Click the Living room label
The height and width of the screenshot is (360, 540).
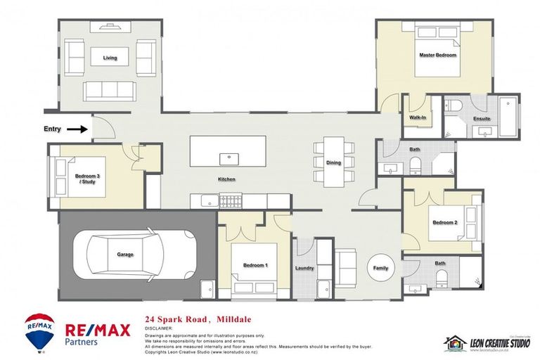point(110,58)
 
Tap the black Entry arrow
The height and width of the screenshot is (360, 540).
point(78,129)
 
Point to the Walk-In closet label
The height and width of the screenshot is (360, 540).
point(417,117)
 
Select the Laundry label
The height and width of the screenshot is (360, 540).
point(304,267)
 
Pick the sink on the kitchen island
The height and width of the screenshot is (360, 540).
point(227,157)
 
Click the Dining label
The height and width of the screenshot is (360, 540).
point(333,162)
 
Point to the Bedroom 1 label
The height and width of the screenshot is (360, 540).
point(254,265)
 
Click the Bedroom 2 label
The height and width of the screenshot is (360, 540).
point(444,222)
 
